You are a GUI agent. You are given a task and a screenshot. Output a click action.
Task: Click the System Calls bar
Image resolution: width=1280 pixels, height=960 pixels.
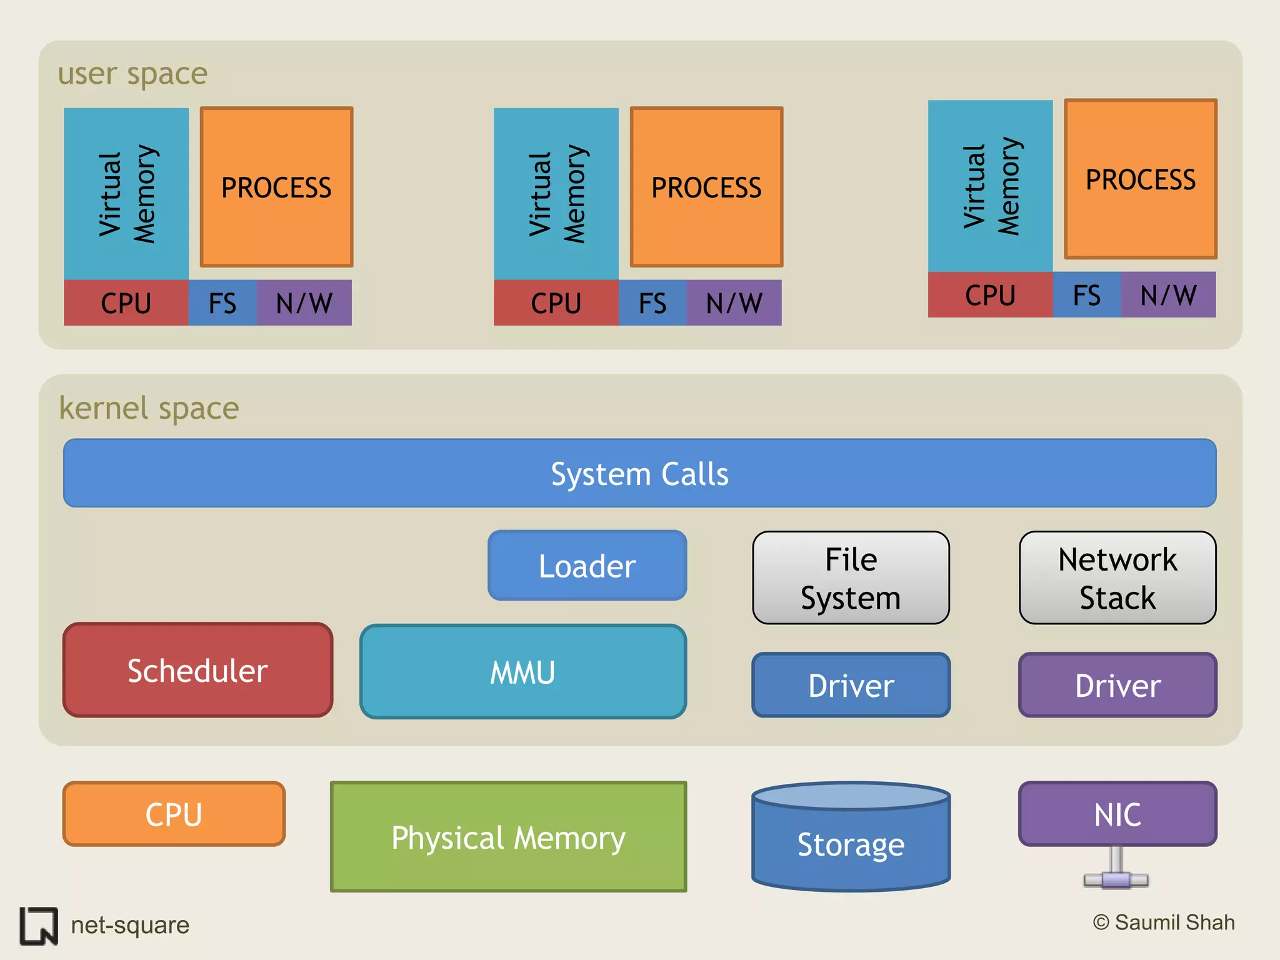tap(639, 473)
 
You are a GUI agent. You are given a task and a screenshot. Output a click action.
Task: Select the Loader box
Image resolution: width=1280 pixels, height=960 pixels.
tap(587, 566)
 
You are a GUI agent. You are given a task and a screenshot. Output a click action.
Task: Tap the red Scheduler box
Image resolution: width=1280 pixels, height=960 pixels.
tap(197, 670)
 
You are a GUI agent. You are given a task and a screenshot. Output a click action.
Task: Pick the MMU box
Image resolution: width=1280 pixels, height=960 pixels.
tap(523, 672)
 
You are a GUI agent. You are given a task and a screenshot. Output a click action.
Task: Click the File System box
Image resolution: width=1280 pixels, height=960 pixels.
tap(851, 578)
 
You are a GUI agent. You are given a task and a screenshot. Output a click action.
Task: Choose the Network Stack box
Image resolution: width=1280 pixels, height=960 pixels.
tap(1117, 578)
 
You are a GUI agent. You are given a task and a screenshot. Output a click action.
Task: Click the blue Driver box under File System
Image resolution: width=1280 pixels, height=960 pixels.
tap(851, 685)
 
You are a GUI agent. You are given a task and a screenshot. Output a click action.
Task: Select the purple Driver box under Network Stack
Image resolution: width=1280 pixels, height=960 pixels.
tap(1117, 685)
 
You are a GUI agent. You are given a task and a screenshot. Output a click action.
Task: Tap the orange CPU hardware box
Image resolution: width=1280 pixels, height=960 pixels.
tap(174, 814)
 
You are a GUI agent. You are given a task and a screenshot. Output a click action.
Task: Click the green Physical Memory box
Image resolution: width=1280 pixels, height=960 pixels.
tap(508, 837)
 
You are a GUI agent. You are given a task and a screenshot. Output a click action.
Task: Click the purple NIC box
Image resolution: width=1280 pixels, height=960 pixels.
tap(1117, 814)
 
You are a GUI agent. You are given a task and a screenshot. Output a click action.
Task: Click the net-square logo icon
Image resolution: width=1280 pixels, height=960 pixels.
tap(39, 926)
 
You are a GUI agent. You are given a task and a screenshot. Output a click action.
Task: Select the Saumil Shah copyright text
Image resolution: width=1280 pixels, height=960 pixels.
tap(1164, 922)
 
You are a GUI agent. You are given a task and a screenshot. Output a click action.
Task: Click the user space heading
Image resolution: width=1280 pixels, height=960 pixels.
tap(132, 74)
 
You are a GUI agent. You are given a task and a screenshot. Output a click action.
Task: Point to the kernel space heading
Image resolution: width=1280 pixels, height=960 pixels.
tap(149, 408)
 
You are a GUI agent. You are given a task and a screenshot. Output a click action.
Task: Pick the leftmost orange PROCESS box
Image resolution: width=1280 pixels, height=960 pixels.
tap(276, 187)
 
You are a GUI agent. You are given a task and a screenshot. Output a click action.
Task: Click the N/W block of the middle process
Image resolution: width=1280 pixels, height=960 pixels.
tap(734, 303)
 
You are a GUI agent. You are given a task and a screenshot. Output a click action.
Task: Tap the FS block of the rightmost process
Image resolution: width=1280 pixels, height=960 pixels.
tap(1086, 295)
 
